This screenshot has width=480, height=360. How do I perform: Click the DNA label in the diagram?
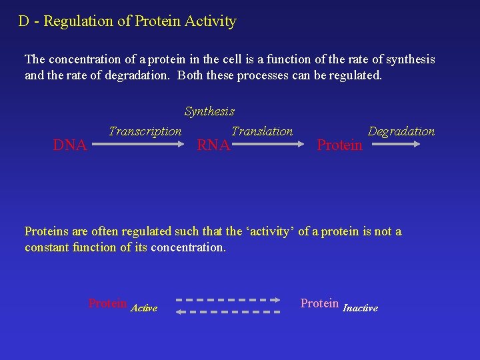(x=70, y=145)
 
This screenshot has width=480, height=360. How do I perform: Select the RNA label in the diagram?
(x=213, y=145)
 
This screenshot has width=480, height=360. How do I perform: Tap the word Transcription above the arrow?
(x=145, y=131)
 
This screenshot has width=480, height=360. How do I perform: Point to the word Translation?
(x=262, y=131)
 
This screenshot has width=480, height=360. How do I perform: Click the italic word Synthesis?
(x=209, y=111)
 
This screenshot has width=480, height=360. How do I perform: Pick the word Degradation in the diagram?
(x=401, y=131)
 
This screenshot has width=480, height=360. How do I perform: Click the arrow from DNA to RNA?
(x=145, y=143)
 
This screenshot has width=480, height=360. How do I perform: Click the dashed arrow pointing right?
(x=230, y=300)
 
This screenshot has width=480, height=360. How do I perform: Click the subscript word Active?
(x=144, y=308)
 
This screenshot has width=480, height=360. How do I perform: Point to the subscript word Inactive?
(x=360, y=308)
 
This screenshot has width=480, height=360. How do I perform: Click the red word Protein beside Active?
(x=107, y=303)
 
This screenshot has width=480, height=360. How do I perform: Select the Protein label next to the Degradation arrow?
(x=339, y=145)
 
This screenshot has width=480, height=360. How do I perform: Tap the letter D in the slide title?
(x=23, y=21)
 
